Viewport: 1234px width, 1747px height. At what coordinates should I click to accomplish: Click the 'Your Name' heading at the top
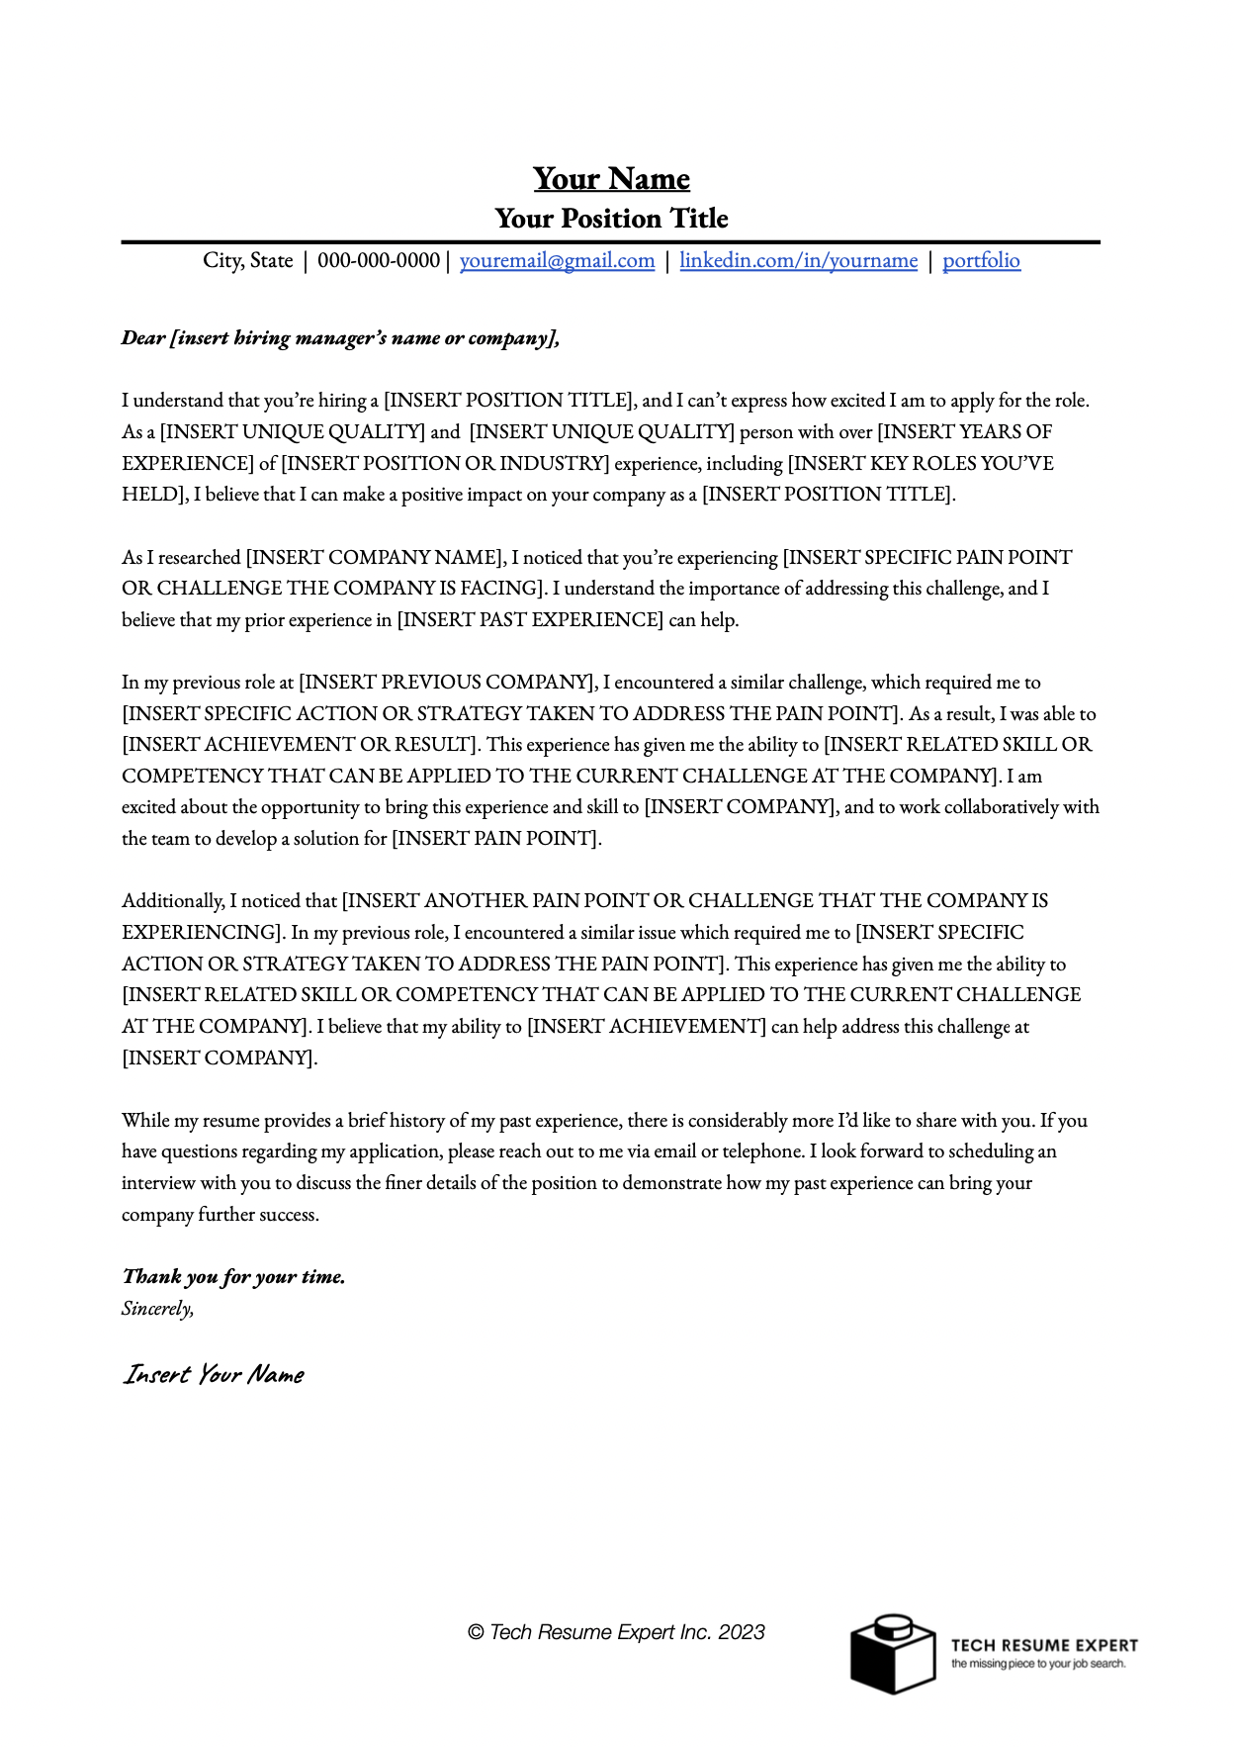point(611,179)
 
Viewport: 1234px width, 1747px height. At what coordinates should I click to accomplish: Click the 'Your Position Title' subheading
point(611,219)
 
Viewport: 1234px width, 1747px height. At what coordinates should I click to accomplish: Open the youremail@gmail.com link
point(557,260)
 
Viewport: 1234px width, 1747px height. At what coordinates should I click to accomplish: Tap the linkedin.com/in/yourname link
point(798,260)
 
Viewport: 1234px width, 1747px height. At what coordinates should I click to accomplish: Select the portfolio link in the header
point(981,260)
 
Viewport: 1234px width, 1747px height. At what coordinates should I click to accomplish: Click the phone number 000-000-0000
point(379,260)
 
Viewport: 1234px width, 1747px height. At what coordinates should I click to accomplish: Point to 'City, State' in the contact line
point(248,260)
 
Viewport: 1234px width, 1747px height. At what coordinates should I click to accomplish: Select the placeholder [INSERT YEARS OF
point(964,432)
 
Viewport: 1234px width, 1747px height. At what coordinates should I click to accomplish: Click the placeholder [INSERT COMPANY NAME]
point(376,558)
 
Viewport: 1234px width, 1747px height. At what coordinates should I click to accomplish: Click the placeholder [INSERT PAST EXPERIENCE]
point(530,620)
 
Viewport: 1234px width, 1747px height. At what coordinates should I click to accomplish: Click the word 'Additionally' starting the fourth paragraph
point(173,901)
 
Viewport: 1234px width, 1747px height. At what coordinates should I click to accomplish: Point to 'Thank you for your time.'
point(233,1277)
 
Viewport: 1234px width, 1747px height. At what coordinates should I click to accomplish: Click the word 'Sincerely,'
point(157,1309)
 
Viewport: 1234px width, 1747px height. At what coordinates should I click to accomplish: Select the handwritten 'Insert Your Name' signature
point(214,1375)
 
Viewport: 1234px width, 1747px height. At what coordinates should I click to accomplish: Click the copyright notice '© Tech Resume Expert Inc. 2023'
point(616,1632)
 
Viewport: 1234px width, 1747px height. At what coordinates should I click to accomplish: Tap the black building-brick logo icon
point(892,1654)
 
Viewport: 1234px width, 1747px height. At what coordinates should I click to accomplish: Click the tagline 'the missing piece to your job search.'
point(1038,1664)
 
